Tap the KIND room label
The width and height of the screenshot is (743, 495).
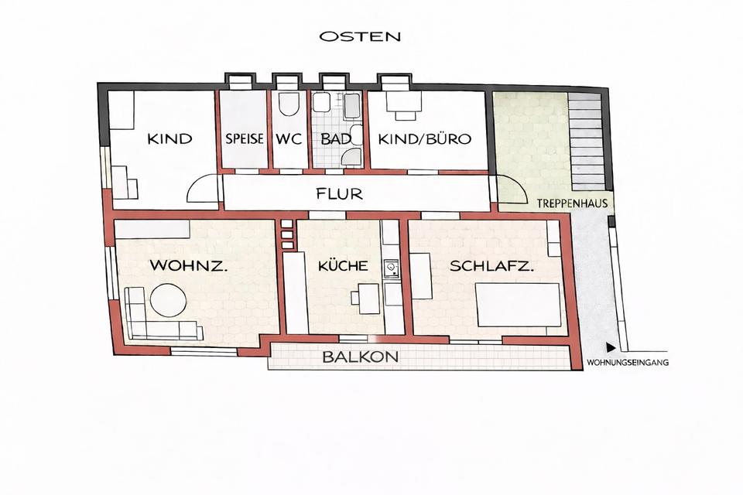tap(169, 140)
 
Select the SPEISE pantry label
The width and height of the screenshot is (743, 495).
tap(245, 140)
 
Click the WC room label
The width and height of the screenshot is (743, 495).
tap(288, 140)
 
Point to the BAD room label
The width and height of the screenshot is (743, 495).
tap(336, 140)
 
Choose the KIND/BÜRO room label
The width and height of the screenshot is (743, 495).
tap(425, 140)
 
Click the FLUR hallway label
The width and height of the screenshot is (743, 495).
tap(339, 193)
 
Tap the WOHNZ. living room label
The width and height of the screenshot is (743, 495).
tap(188, 265)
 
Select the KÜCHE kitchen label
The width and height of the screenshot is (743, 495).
tap(342, 265)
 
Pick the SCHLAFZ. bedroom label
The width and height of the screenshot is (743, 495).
tap(491, 265)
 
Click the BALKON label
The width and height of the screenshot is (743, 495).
tap(361, 357)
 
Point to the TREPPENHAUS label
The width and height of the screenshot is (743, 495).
tap(571, 204)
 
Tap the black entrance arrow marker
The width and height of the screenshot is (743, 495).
tap(611, 348)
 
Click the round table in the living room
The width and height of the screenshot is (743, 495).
tap(167, 300)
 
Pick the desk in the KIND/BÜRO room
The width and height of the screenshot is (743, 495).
tap(405, 105)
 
